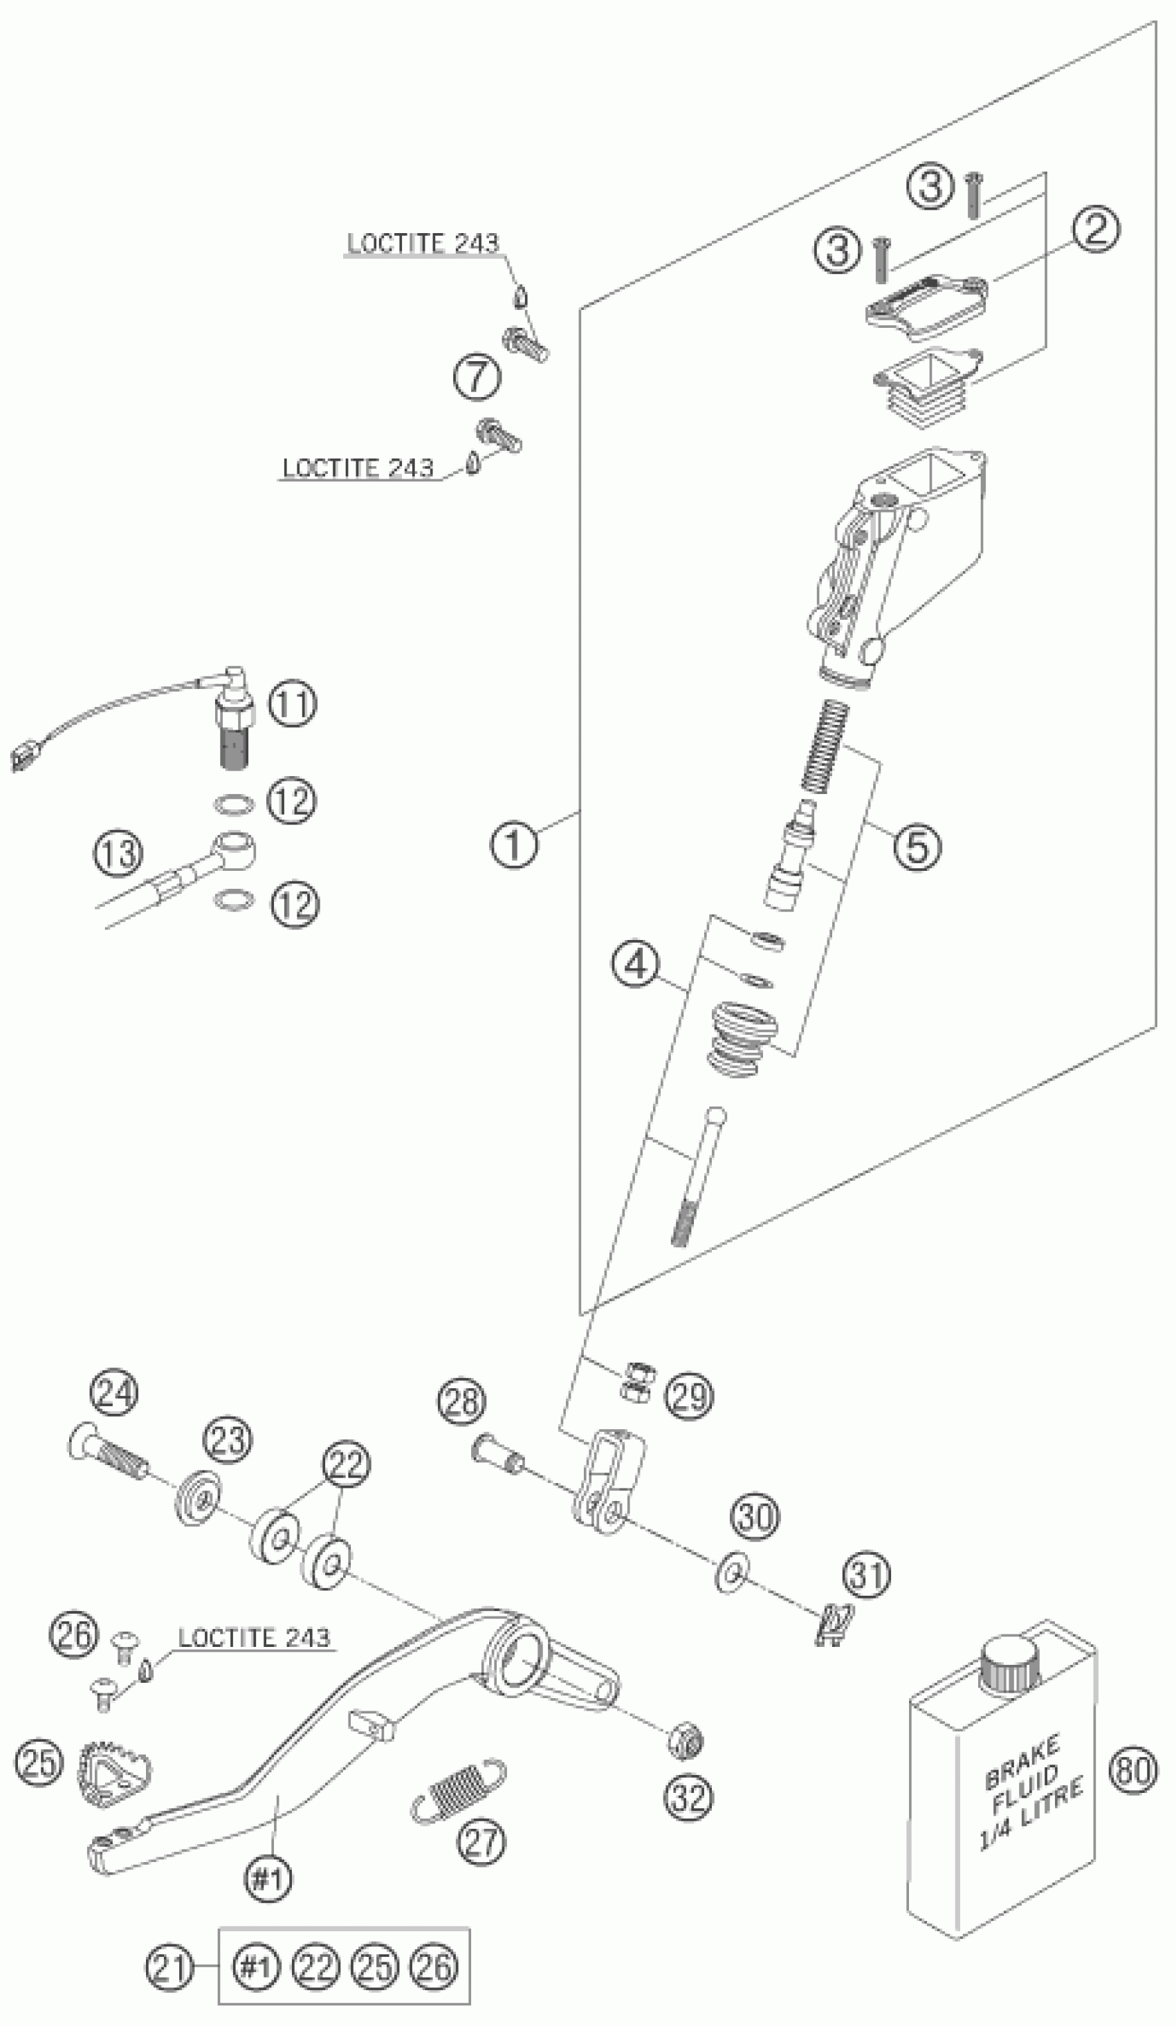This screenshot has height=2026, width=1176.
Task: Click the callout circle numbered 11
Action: tap(292, 703)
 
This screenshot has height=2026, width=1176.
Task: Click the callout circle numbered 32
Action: tap(689, 1797)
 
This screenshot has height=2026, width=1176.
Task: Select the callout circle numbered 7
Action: tap(477, 377)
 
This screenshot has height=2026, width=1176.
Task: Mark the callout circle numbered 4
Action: tap(636, 965)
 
